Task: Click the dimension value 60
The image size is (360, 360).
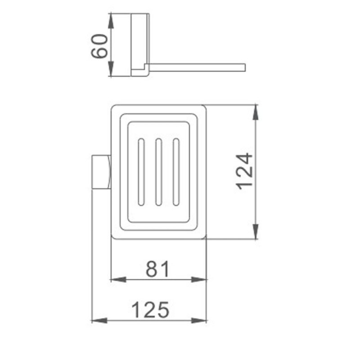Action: pyautogui.click(x=99, y=46)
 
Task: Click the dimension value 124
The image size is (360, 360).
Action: pyautogui.click(x=244, y=171)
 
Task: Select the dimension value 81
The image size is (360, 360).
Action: pyautogui.click(x=158, y=269)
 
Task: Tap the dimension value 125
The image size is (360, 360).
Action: pyautogui.click(x=150, y=310)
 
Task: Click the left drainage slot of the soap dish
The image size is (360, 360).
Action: pyautogui.click(x=141, y=172)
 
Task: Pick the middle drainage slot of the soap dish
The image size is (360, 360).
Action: pyautogui.click(x=159, y=172)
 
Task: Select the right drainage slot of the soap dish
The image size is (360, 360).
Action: pyautogui.click(x=176, y=172)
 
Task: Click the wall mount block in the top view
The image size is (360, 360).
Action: pyautogui.click(x=102, y=172)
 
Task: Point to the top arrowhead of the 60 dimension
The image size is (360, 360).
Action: pyautogui.click(x=111, y=21)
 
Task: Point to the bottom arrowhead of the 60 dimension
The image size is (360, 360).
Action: pyautogui.click(x=111, y=69)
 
